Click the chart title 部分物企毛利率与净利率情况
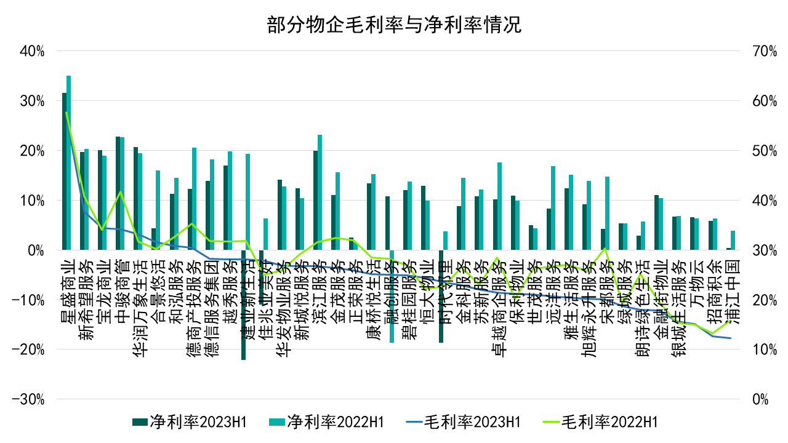(x=394, y=25)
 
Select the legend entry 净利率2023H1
(x=189, y=421)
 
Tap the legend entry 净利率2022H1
(x=327, y=421)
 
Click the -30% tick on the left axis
(x=29, y=399)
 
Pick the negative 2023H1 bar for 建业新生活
(x=244, y=305)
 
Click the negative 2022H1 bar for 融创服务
(x=392, y=296)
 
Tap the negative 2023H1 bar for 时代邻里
(x=441, y=296)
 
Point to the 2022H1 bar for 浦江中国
(x=733, y=241)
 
